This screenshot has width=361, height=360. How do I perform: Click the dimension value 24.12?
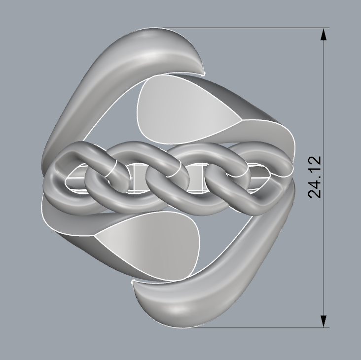315,177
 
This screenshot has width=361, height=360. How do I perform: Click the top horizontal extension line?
247,28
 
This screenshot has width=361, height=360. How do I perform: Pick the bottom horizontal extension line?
256,327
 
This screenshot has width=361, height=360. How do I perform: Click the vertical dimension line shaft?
324,99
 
